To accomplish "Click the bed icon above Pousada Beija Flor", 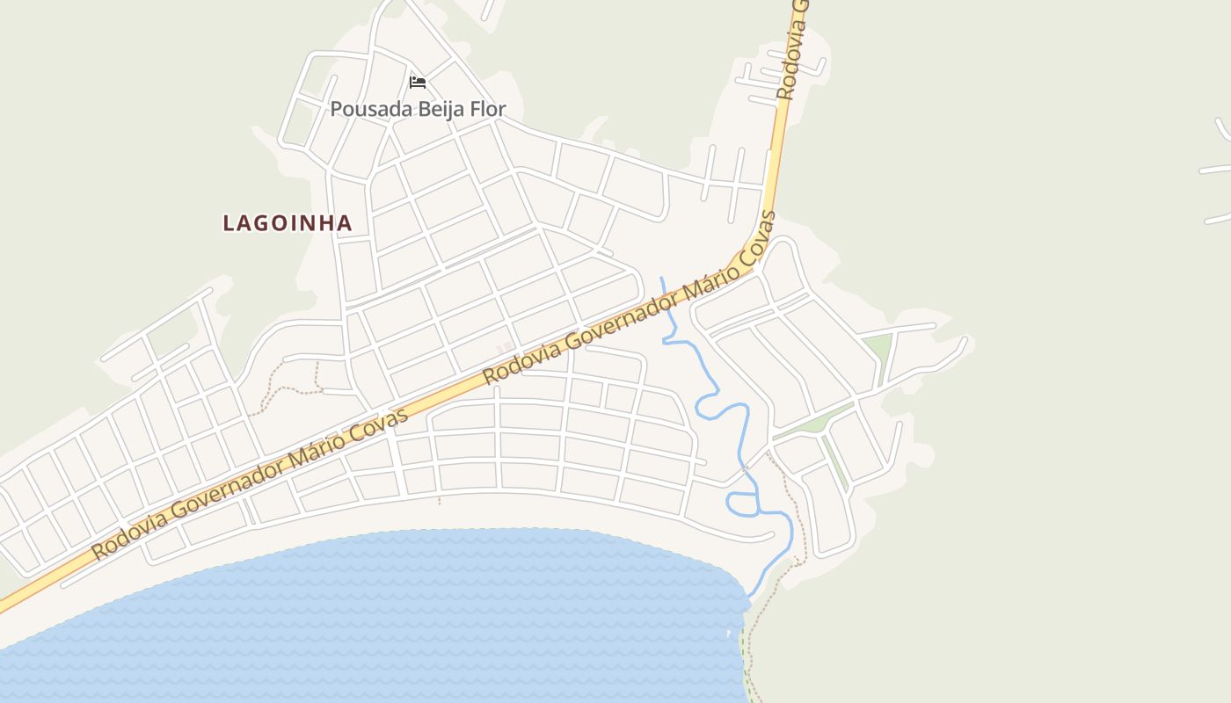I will [x=418, y=83].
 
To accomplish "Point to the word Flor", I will [x=489, y=109].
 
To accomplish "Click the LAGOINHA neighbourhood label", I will [x=288, y=223].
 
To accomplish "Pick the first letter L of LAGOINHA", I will [x=229, y=223].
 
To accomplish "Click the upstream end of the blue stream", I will [x=661, y=279].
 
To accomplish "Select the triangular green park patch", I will [x=878, y=346].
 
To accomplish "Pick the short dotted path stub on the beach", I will [x=440, y=498].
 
